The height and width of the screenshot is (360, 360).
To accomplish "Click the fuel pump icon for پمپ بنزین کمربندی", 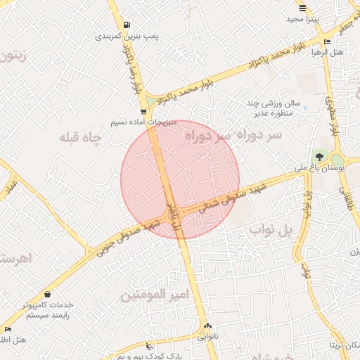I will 126,25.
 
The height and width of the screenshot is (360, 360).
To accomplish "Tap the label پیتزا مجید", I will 303,19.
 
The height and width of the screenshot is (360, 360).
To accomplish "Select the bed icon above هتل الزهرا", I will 327,42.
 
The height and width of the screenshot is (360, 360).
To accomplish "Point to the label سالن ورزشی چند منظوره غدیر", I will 274,108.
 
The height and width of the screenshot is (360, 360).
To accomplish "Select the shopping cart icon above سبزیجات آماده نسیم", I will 143,112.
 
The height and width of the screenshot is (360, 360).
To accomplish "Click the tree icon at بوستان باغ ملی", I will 321,156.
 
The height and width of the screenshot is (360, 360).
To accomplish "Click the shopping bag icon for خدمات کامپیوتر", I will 47,294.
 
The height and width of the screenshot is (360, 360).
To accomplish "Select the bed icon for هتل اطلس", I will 8,329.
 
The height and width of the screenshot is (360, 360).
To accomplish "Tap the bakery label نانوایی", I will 207,337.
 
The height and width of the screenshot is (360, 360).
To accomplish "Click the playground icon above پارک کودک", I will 148,346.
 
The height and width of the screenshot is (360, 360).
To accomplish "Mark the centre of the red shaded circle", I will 180,179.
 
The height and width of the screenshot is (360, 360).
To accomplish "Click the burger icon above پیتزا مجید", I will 302,8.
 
